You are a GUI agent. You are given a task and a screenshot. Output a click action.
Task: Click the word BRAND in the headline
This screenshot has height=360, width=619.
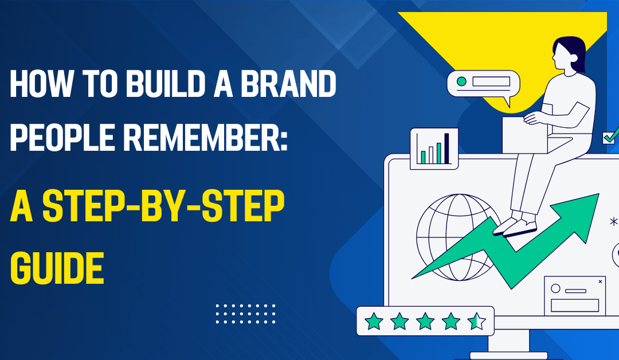click(288, 84)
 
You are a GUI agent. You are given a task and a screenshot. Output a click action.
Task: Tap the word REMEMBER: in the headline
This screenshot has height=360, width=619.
click(205, 137)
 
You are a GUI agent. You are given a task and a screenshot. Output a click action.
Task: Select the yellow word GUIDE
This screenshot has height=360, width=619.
click(57, 268)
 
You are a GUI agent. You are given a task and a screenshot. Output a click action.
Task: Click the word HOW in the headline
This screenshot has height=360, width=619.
click(41, 84)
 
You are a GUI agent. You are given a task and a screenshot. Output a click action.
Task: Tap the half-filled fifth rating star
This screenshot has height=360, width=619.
click(476, 322)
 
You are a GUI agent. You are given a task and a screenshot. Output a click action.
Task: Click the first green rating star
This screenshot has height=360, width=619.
click(374, 322)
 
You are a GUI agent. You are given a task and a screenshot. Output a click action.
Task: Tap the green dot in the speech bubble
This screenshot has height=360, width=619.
click(461, 82)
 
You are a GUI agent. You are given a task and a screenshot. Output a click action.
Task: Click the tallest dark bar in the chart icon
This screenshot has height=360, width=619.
click(446, 148)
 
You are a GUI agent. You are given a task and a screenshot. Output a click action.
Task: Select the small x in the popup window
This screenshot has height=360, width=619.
click(601, 281)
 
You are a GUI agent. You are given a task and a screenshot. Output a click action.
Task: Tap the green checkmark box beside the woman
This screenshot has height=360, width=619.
click(609, 138)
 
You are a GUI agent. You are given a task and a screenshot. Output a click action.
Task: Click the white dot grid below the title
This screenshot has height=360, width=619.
click(245, 314)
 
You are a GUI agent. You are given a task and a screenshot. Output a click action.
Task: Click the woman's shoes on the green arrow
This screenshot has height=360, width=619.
click(515, 226)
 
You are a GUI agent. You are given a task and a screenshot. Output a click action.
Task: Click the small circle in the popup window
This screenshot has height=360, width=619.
click(555, 288)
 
